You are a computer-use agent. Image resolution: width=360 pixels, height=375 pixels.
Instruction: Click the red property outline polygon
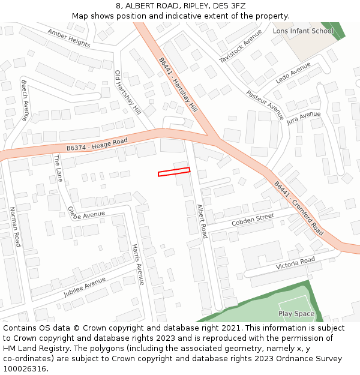click(174, 172)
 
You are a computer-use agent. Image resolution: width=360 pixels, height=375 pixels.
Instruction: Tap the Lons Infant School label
click(303, 31)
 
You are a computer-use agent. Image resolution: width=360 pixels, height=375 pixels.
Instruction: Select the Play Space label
click(296, 314)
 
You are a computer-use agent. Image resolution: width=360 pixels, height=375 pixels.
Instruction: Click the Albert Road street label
click(202, 221)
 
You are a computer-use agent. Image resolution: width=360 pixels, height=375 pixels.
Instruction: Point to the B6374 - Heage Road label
click(97, 144)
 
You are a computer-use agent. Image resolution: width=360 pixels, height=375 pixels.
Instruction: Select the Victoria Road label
click(295, 263)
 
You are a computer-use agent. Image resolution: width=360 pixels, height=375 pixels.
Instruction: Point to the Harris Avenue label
click(138, 265)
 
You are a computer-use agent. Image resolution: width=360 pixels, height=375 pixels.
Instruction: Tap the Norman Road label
click(14, 227)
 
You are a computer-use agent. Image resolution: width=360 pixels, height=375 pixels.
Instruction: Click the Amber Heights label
click(69, 38)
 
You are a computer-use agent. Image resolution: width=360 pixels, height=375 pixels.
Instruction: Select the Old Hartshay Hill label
click(128, 93)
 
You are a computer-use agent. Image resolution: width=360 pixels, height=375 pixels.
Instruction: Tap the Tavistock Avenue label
click(241, 46)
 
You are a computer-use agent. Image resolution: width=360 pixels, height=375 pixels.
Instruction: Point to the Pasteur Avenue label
click(265, 105)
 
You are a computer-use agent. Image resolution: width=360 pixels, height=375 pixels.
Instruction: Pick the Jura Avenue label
click(304, 117)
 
